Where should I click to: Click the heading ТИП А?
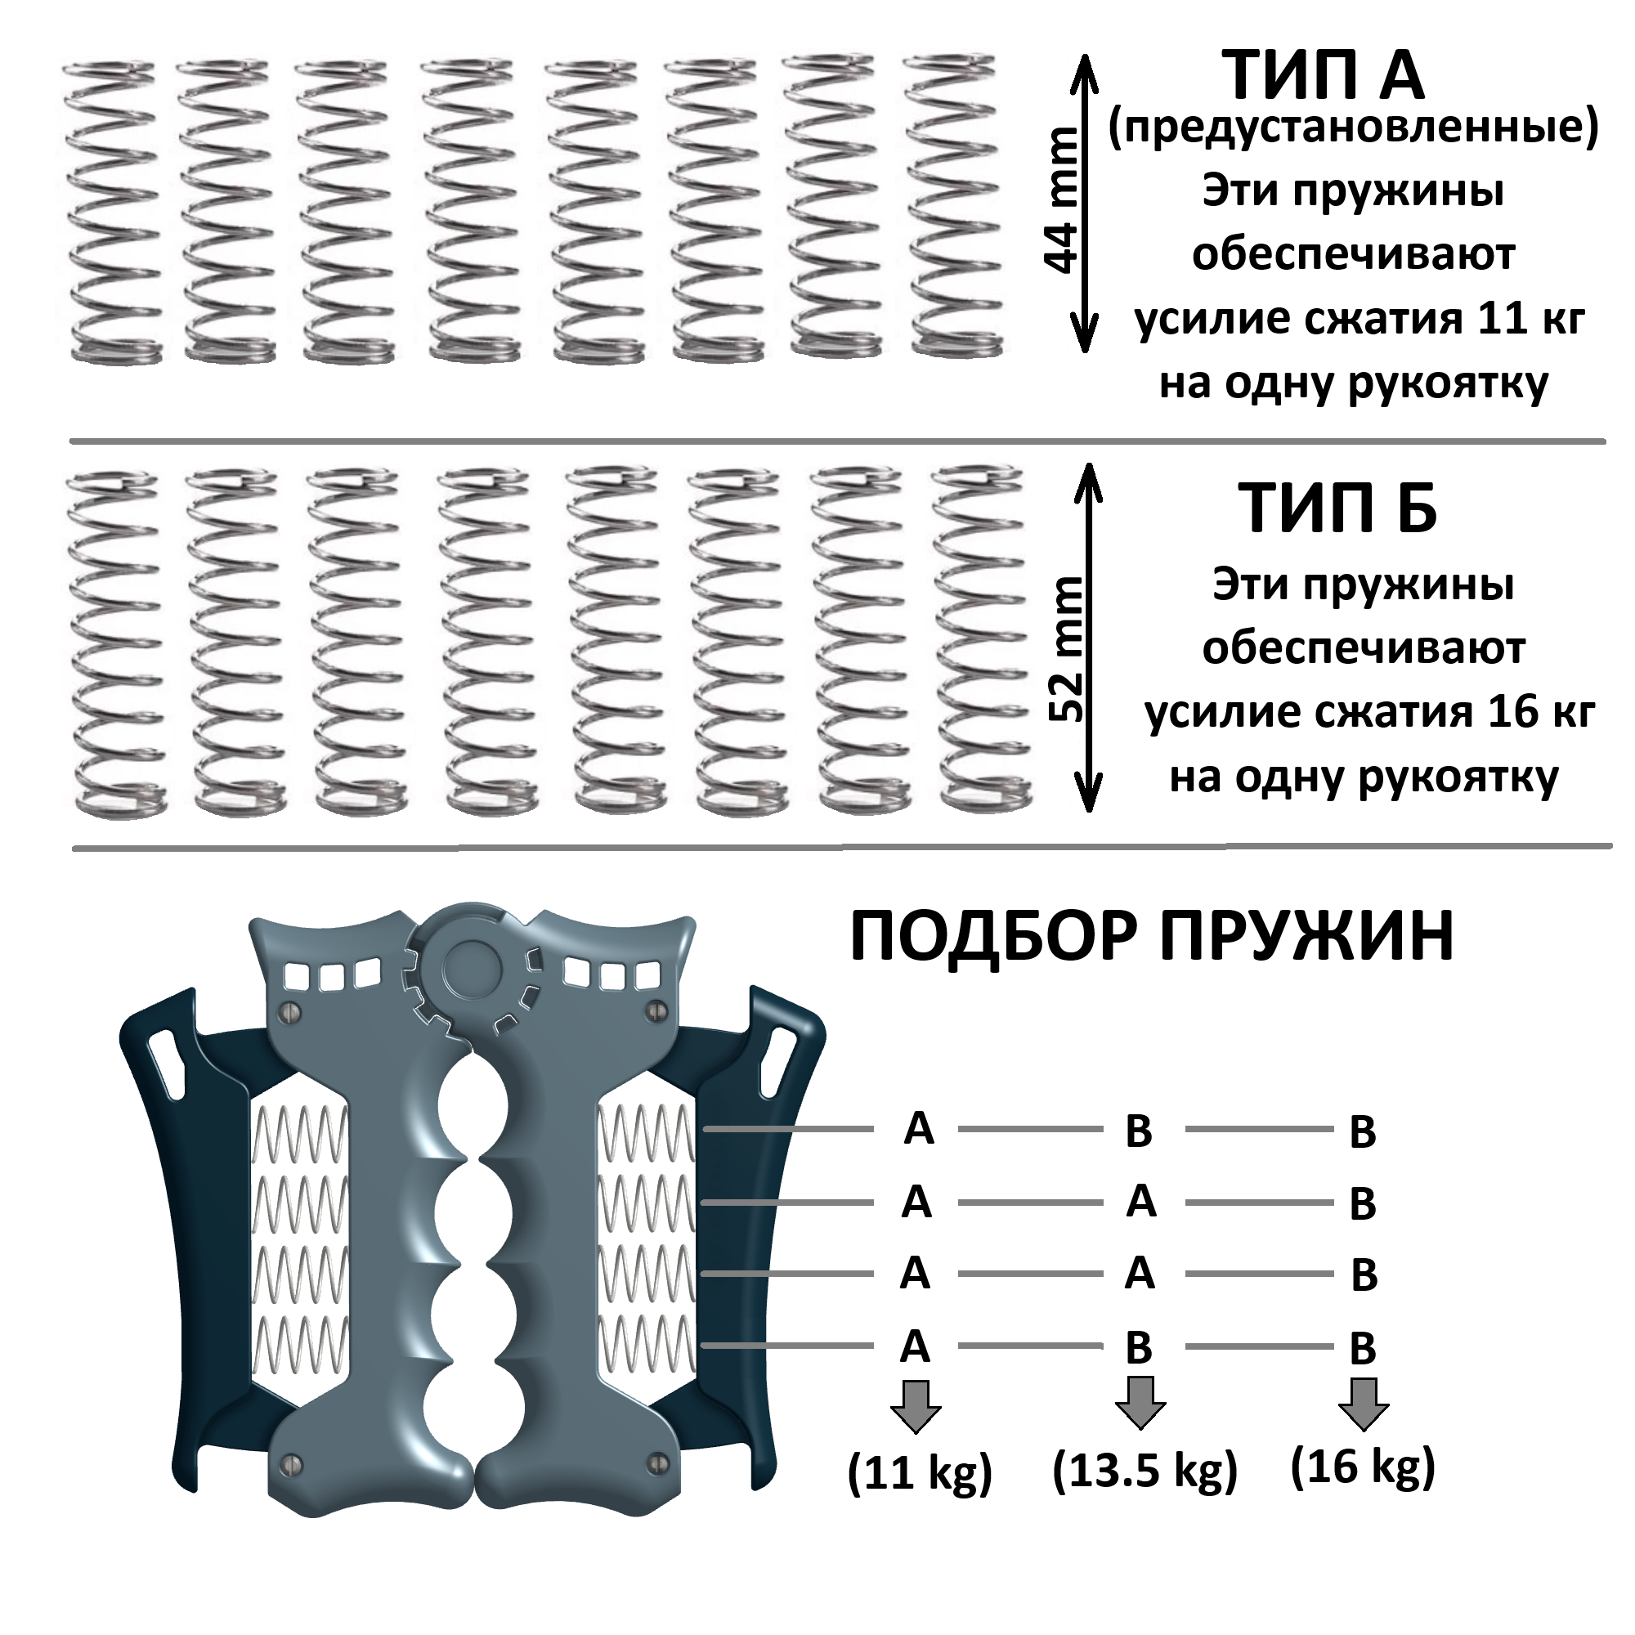(x=1324, y=76)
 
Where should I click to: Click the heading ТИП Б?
(x=1338, y=508)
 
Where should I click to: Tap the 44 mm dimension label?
(x=1062, y=201)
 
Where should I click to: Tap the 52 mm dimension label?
(x=1066, y=648)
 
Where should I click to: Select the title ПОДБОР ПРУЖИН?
(x=1152, y=938)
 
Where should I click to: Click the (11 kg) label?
(x=920, y=1473)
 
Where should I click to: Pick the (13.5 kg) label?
(x=1145, y=1470)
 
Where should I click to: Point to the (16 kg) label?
(x=1364, y=1467)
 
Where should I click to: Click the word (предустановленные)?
(x=1353, y=128)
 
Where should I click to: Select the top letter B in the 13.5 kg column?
(x=1139, y=1131)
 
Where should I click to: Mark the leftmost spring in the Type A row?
(x=113, y=212)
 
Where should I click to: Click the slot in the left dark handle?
(x=167, y=1063)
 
